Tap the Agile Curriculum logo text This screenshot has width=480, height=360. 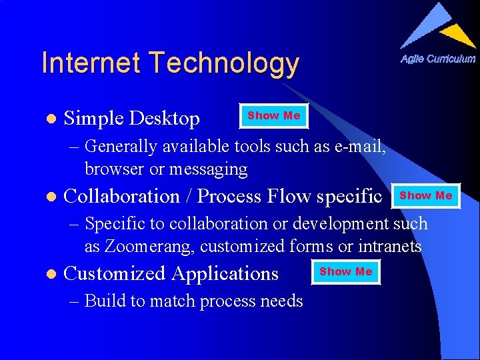[438, 59]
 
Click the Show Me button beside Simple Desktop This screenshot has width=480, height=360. [274, 116]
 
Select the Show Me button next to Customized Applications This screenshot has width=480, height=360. [346, 272]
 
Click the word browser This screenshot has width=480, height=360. [115, 169]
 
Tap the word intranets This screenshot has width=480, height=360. [390, 247]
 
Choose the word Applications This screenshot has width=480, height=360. [225, 274]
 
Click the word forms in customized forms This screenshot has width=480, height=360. [311, 247]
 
